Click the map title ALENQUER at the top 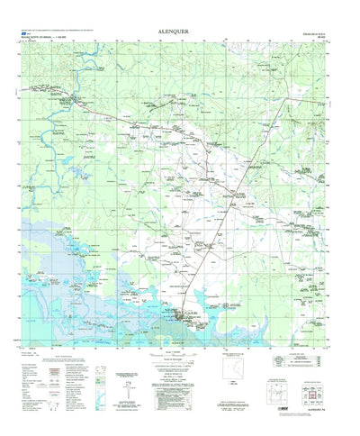coord(181,27)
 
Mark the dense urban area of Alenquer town coord(190,316)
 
